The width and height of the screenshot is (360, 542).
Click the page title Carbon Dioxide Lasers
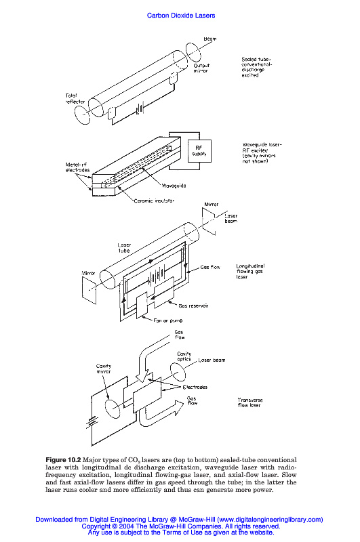[x=181, y=16]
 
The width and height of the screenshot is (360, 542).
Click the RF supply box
[x=199, y=151]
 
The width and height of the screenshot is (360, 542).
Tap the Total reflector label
[x=75, y=98]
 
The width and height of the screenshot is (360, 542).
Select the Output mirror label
[x=201, y=68]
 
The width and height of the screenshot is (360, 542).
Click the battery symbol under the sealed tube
[x=139, y=110]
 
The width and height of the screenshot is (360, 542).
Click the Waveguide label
[x=174, y=186]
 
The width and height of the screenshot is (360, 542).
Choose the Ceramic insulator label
[x=154, y=201]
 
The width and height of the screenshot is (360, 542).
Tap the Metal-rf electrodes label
[x=77, y=167]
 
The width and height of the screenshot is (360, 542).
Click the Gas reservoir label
[x=193, y=306]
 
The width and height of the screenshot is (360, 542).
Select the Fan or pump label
[x=168, y=320]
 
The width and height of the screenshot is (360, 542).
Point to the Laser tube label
[x=124, y=248]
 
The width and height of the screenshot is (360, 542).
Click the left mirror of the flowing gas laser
[x=89, y=290]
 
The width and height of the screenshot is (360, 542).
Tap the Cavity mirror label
[x=104, y=369]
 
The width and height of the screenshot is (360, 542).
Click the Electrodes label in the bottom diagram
[x=195, y=387]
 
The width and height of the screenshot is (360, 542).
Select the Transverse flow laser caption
[x=249, y=402]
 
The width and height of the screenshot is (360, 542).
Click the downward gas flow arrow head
[x=142, y=377]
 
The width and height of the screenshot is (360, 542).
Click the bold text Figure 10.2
[x=63, y=460]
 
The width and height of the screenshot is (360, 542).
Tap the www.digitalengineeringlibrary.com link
[x=270, y=519]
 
